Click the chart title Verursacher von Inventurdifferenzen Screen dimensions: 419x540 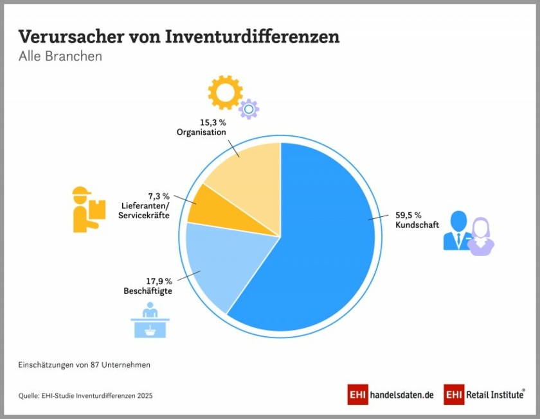click(179, 37)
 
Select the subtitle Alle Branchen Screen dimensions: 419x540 click(60, 56)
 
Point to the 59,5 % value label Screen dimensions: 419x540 click(408, 215)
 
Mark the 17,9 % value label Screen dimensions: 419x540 click(159, 281)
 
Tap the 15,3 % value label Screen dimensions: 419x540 click(213, 122)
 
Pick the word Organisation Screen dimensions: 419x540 click(201, 132)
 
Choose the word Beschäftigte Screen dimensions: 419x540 click(148, 291)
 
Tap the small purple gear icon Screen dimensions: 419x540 click(248, 109)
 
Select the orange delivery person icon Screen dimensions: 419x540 click(86, 210)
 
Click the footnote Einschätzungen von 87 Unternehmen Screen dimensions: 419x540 click(84, 364)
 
